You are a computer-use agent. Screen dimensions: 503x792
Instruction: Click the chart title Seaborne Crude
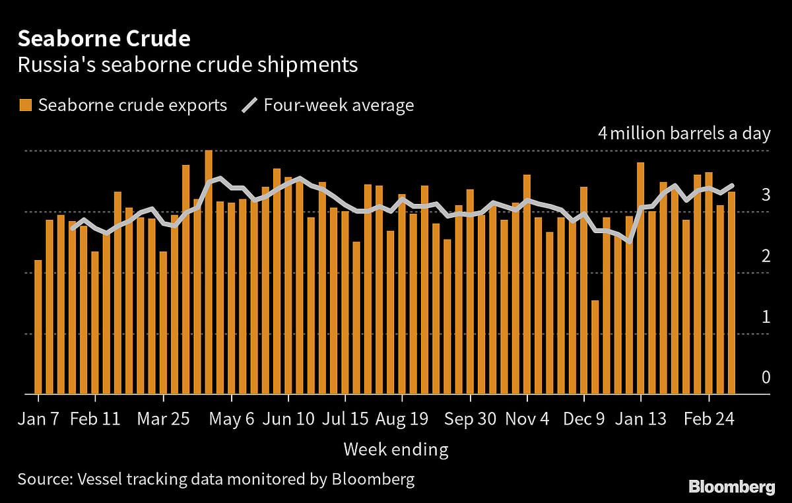104,39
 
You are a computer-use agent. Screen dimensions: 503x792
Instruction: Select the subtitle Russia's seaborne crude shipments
187,65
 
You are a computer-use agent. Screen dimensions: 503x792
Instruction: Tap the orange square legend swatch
26,105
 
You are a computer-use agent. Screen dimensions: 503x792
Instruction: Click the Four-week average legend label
339,105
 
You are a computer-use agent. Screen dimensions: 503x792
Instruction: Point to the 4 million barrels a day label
684,133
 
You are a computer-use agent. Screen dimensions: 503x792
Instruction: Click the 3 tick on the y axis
766,195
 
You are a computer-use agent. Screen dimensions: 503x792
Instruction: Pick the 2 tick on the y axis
766,256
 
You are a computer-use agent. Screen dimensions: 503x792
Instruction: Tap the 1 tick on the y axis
766,317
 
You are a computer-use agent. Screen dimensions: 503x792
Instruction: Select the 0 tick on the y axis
766,378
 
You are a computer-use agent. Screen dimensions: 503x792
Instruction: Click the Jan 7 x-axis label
38,419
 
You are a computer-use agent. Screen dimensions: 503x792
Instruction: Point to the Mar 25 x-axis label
162,419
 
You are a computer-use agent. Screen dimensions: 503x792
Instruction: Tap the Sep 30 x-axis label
470,419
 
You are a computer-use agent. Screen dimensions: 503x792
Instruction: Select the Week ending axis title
395,450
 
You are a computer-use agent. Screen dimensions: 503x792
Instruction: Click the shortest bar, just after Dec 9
595,348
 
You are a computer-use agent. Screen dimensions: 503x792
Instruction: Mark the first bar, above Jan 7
38,327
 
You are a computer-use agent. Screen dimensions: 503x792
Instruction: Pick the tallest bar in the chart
209,273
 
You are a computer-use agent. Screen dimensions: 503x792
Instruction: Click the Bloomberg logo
732,487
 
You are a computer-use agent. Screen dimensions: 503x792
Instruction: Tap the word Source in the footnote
42,479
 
